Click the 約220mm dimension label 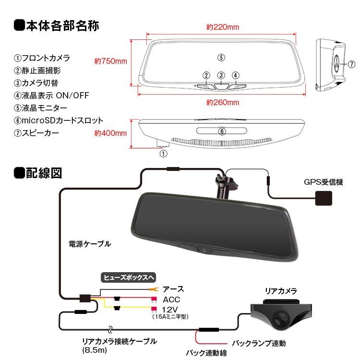[223, 27]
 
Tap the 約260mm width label [223, 102]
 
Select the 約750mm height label [110, 61]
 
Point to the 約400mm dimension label [110, 133]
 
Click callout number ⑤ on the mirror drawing [221, 58]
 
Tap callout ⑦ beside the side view [351, 64]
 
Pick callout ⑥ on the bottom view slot [221, 131]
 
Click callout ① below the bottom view [163, 154]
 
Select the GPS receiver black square [323, 198]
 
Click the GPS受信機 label [323, 182]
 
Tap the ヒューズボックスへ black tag [129, 277]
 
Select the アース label [173, 289]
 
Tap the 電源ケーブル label [90, 244]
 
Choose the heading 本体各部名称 [63, 25]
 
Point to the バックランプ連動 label [259, 343]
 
